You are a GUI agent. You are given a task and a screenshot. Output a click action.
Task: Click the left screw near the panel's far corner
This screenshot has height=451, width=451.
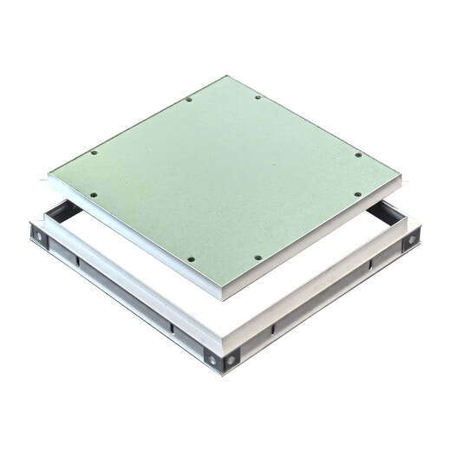pyautogui.click(x=189, y=100)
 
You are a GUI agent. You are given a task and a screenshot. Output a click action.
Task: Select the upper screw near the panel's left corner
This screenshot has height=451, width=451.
pyautogui.click(x=94, y=153)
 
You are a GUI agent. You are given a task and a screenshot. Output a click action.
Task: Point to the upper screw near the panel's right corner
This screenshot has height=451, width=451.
pyautogui.click(x=358, y=155)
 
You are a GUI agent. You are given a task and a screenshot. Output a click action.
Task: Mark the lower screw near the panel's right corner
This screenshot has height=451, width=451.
pyautogui.click(x=356, y=194)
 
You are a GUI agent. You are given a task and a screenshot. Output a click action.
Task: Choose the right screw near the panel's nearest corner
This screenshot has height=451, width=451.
pyautogui.click(x=258, y=258)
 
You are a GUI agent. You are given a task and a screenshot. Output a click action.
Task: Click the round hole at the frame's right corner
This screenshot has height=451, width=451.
pyautogui.click(x=410, y=236)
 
